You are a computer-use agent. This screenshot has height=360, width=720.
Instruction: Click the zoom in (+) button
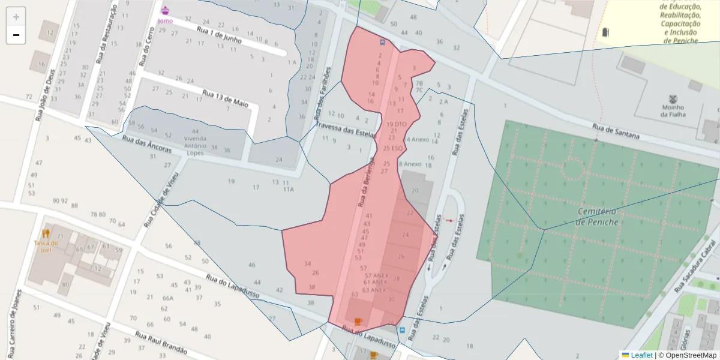pyautogui.click(x=16, y=17)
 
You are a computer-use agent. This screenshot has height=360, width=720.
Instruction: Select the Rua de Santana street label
pyautogui.click(x=615, y=132)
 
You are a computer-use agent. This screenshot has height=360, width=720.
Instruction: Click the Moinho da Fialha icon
pyautogui.click(x=673, y=100)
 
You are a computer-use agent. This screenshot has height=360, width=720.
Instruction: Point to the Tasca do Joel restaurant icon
pyautogui.click(x=46, y=233)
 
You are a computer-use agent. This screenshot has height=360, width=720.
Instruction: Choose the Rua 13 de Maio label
pyautogui.click(x=225, y=99)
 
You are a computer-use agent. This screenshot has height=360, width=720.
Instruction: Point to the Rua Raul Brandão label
pyautogui.click(x=161, y=343)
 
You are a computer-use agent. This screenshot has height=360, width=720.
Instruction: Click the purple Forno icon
pyautogui.click(x=165, y=10)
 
